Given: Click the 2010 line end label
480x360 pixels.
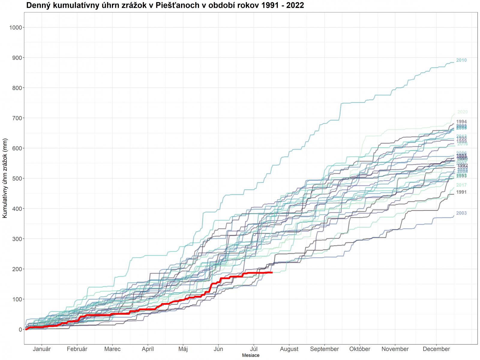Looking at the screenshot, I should [461, 60].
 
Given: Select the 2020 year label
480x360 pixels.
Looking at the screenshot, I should [462, 112].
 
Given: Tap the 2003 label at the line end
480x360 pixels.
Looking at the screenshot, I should [461, 213].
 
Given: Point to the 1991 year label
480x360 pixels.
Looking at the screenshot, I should [461, 192].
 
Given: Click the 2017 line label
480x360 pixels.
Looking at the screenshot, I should [461, 185].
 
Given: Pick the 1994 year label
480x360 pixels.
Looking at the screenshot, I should [461, 122].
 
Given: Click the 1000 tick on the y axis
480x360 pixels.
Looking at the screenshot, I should [16, 28].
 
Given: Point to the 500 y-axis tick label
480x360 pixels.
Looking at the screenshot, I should [17, 178].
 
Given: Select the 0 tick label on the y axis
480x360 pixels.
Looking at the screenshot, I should [20, 329].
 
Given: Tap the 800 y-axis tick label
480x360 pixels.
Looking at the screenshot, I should [17, 88].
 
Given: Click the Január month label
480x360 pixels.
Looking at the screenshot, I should [42, 349].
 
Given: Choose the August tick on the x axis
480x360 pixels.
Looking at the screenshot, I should [289, 349].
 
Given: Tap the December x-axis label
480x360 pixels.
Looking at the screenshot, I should [436, 349].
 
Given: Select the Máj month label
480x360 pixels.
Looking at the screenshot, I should [183, 349].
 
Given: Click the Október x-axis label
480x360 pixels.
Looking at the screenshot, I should [360, 349].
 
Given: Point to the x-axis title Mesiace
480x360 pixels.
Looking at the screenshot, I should [250, 355].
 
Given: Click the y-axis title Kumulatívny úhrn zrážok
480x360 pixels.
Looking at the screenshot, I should [5, 178].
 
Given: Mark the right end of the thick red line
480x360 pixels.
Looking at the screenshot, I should [272, 272].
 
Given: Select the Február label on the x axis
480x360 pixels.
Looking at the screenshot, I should [77, 349].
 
